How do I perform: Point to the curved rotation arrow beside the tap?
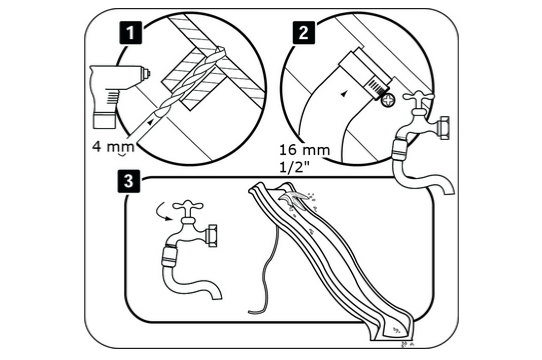coord(163,214)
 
